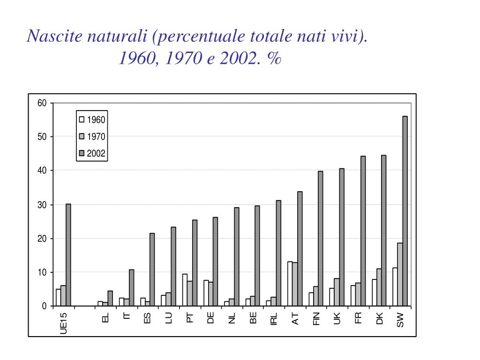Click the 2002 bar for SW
pyautogui.click(x=405, y=211)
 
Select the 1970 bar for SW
pyautogui.click(x=400, y=274)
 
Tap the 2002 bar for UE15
pyautogui.click(x=68, y=255)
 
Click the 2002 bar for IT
pyautogui.click(x=132, y=288)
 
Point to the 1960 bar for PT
pyautogui.click(x=185, y=290)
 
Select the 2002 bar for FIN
pyautogui.click(x=321, y=239)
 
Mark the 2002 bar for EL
pyautogui.click(x=110, y=299)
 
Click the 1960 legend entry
pyautogui.click(x=92, y=120)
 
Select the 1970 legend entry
pyautogui.click(x=92, y=137)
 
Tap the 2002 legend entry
pyautogui.click(x=92, y=153)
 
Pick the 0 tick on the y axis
pyautogui.click(x=45, y=307)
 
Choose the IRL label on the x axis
pyautogui.click(x=274, y=319)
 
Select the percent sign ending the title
pyautogui.click(x=275, y=59)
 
